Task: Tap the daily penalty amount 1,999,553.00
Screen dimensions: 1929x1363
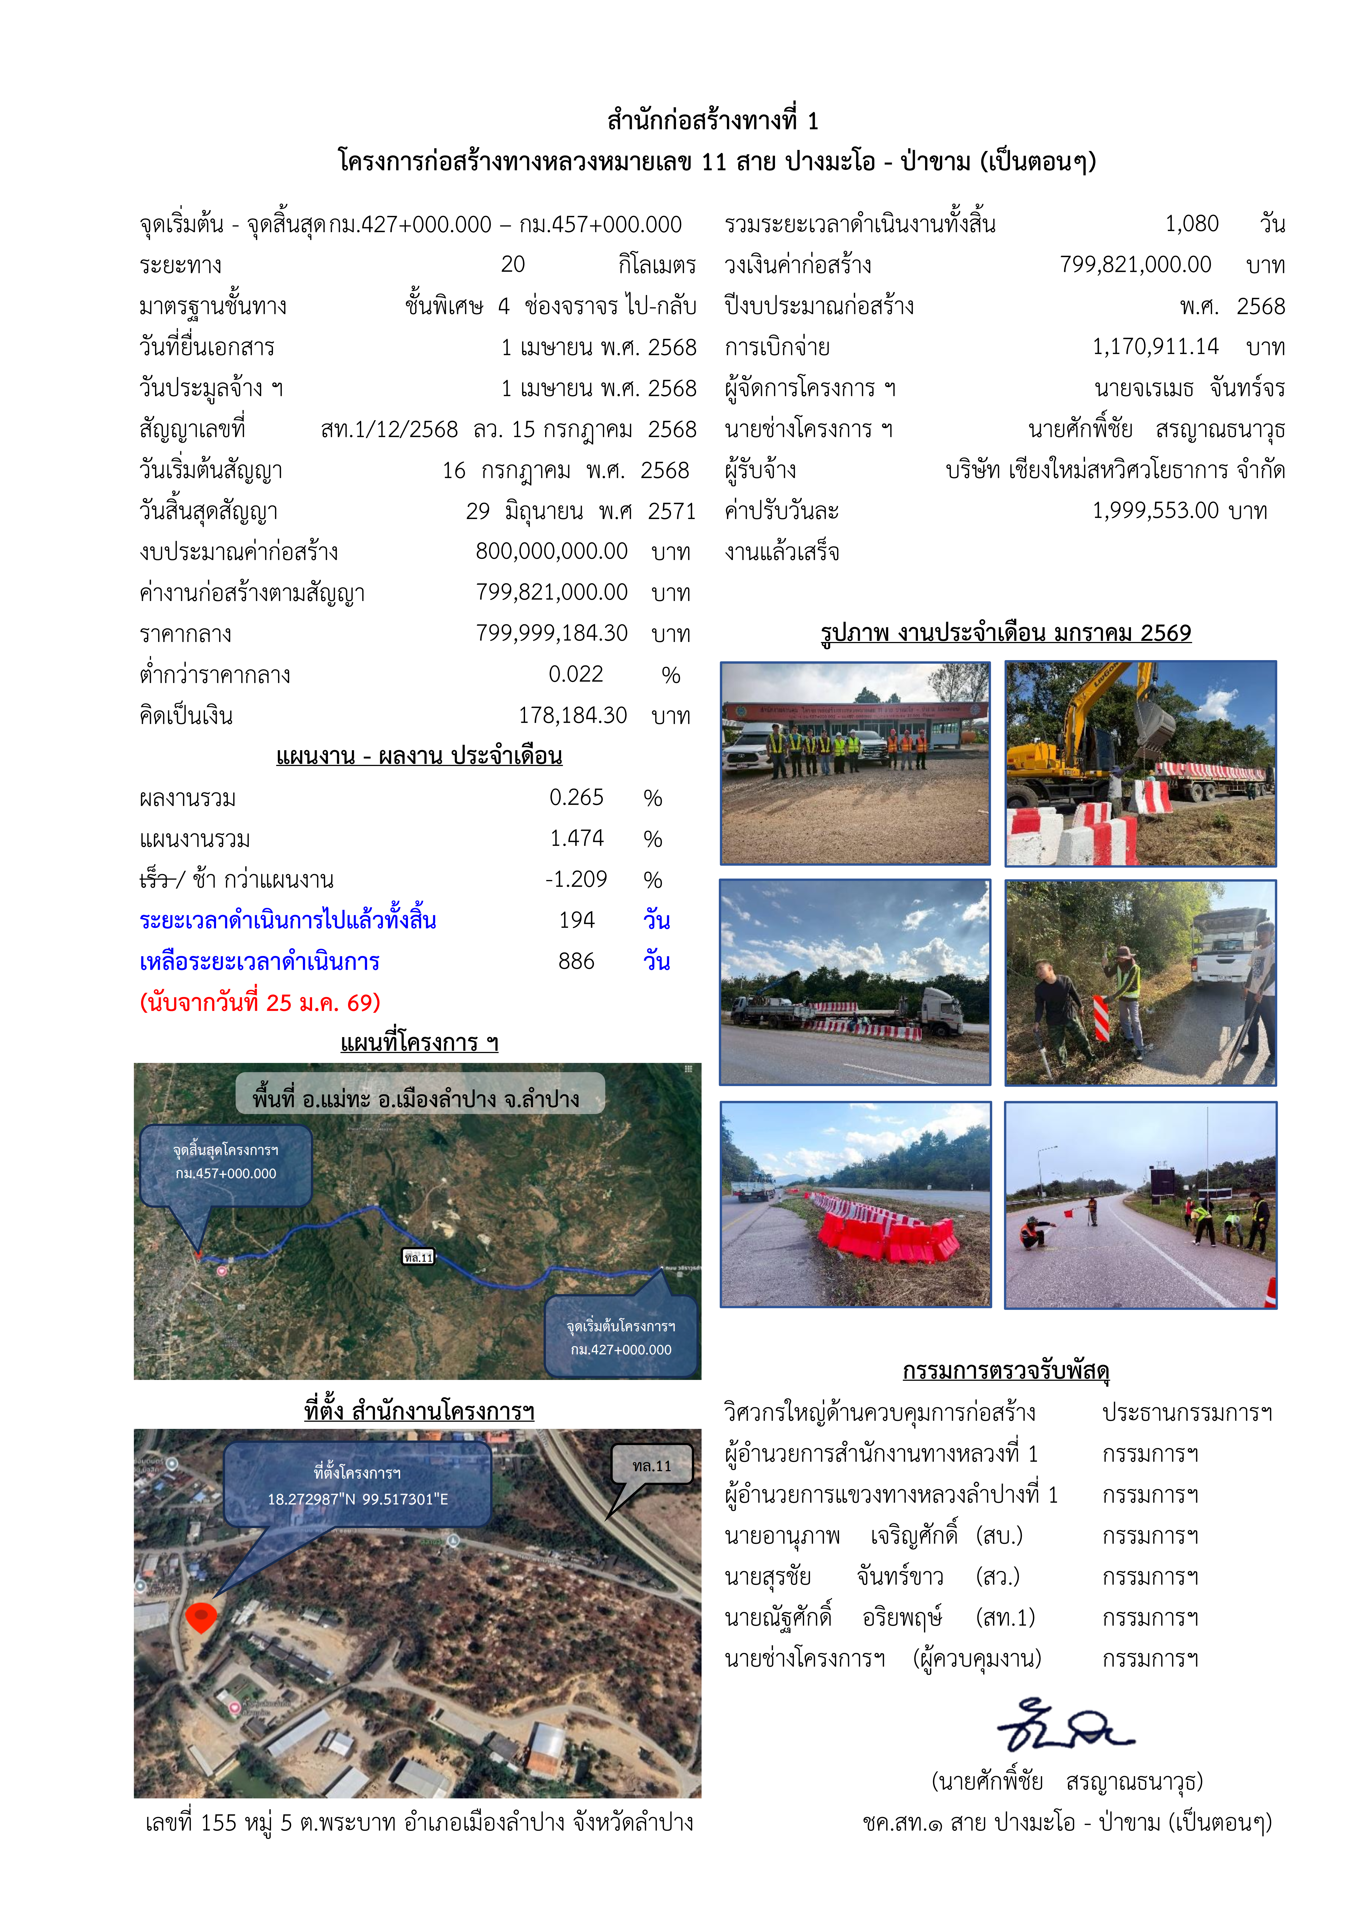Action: click(x=1155, y=511)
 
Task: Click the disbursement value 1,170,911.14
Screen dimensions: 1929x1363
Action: click(x=1155, y=347)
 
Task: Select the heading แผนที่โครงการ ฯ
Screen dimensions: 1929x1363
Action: click(x=419, y=1043)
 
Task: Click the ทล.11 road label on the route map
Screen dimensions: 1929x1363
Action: click(x=418, y=1258)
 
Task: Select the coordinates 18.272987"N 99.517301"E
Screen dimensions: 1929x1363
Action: click(x=358, y=1500)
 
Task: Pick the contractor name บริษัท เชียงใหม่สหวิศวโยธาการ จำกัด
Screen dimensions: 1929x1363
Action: click(x=1114, y=470)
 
